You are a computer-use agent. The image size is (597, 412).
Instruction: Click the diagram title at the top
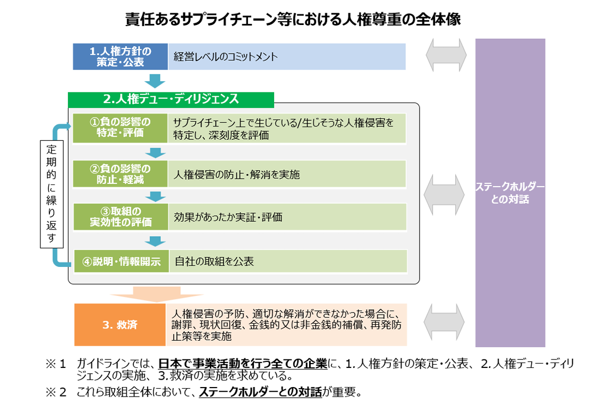(x=293, y=19)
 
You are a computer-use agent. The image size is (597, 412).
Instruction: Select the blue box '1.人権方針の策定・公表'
(x=120, y=56)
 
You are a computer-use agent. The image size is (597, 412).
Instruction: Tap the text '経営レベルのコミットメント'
(x=226, y=57)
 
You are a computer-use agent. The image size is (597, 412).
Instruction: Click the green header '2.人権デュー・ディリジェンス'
(x=171, y=99)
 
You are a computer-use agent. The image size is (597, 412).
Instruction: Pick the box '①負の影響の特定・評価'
(x=120, y=128)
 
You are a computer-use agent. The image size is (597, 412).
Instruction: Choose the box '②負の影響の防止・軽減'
(x=120, y=174)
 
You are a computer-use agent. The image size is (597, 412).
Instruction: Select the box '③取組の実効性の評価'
(x=120, y=217)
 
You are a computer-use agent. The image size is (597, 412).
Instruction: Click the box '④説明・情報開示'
(x=121, y=262)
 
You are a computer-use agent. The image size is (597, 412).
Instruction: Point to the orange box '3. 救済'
(x=120, y=324)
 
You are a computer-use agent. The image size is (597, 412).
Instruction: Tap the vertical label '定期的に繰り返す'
(x=52, y=194)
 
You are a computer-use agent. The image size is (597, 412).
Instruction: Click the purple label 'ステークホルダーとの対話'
(x=510, y=194)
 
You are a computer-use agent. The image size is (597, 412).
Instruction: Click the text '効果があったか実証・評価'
(x=228, y=217)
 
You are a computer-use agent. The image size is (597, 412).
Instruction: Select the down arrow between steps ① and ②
(x=155, y=153)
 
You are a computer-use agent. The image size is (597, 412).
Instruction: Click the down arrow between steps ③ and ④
(x=155, y=241)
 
